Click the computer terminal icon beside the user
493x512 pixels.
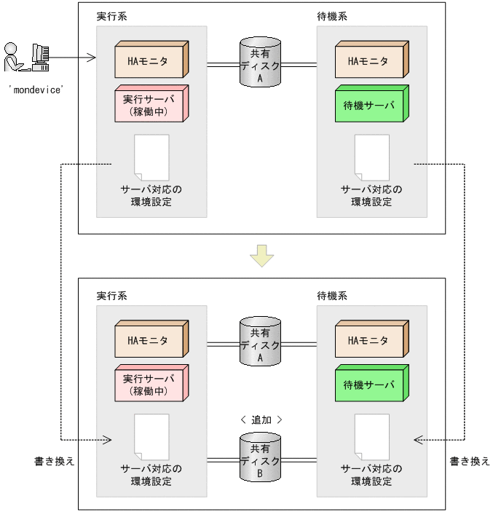(41, 57)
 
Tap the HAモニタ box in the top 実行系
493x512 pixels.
(149, 61)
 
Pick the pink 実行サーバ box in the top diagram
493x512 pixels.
(149, 103)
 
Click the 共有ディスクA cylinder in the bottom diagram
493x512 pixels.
(259, 341)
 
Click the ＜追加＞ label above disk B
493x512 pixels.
(260, 420)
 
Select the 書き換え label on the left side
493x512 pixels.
(55, 462)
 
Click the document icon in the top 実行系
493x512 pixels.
(151, 157)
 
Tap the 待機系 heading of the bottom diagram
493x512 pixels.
(332, 296)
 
